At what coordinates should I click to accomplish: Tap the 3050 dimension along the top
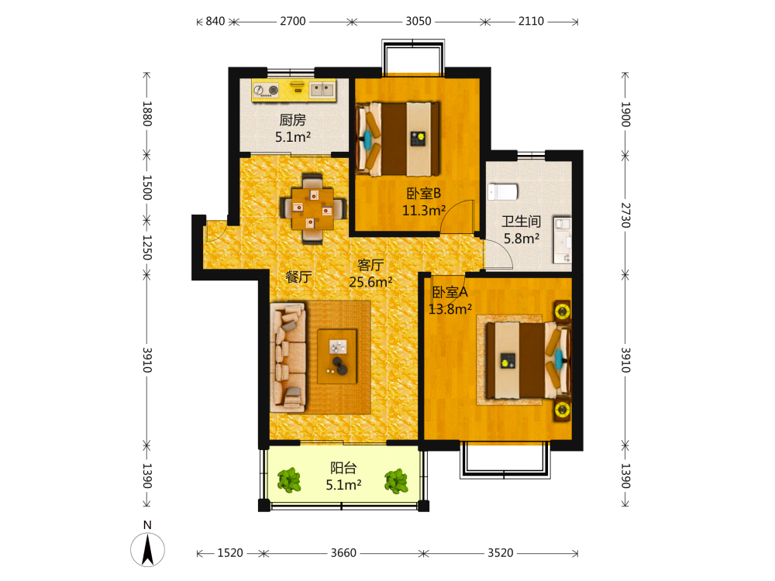point(418,21)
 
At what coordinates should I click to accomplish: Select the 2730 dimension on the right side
point(625,215)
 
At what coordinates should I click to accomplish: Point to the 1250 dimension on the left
point(146,247)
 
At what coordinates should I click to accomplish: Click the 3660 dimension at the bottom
point(343,553)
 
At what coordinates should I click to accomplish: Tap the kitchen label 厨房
point(293,119)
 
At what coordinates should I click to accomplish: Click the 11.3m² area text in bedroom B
point(424,211)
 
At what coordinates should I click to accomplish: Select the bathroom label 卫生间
point(522,222)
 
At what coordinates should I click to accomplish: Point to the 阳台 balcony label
point(343,467)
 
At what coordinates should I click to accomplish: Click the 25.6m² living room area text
point(370,282)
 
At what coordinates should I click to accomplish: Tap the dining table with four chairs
point(312,208)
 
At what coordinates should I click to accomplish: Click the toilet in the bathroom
point(503,191)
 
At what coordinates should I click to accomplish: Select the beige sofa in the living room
point(288,358)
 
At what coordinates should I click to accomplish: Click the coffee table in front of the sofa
point(337,356)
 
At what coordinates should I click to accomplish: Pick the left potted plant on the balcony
point(289,480)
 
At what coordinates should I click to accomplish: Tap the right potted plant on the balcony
point(396,481)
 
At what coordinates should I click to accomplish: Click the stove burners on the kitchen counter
point(267,90)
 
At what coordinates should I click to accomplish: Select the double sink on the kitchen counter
point(322,89)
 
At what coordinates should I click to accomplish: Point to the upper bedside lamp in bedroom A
point(562,311)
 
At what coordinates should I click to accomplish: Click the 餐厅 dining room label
point(298,277)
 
